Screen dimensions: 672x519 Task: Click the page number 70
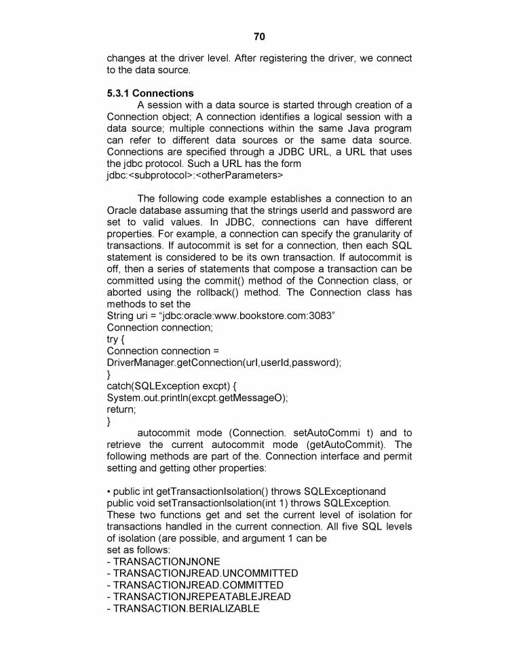pos(259,36)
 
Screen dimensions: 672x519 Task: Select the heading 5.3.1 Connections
pos(150,93)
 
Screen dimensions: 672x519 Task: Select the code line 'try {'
pos(117,339)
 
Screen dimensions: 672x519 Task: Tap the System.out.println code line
pos(197,398)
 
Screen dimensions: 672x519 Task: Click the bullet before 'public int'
pos(109,491)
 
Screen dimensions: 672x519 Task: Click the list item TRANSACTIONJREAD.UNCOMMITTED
pos(202,573)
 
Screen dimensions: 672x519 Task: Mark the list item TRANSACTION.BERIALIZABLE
pos(183,608)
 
